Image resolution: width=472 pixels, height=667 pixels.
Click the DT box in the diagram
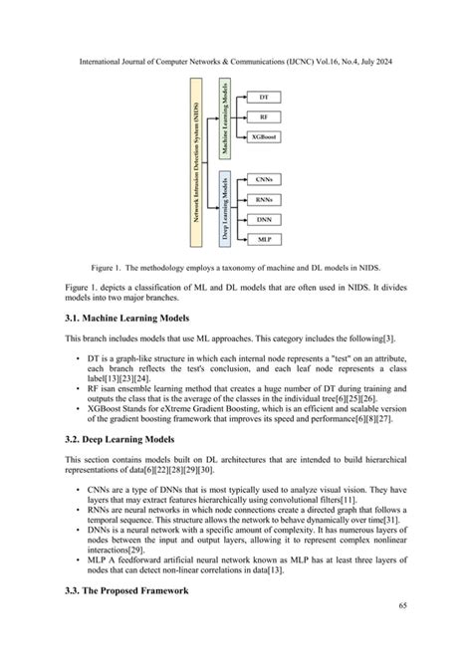(263, 98)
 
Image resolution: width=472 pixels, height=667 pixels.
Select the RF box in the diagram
(263, 116)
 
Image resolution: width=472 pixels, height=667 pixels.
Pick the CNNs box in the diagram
(263, 179)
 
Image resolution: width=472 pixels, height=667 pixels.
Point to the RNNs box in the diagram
(263, 199)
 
